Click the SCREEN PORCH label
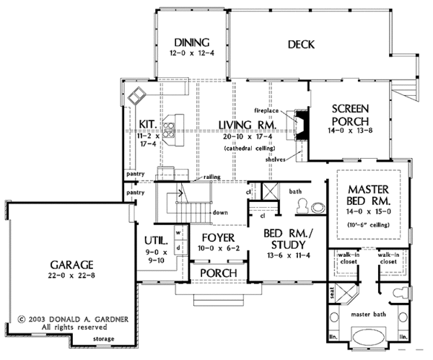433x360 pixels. click(351, 115)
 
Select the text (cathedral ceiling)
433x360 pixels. click(246, 148)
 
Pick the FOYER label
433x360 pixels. click(215, 237)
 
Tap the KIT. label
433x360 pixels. click(146, 123)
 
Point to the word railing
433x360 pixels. click(211, 176)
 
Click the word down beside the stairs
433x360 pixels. click(222, 213)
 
